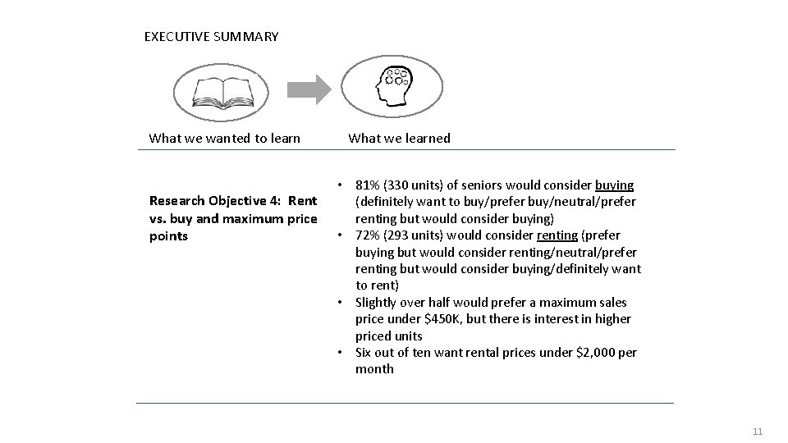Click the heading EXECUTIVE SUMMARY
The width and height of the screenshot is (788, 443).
tap(211, 37)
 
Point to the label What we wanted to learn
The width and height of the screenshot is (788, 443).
tap(224, 138)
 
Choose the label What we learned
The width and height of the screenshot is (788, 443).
tap(399, 138)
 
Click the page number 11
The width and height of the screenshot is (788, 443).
tap(758, 431)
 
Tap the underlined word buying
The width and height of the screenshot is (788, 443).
tap(614, 185)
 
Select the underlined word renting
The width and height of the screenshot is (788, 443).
tap(557, 235)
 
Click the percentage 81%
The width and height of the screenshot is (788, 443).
tap(368, 185)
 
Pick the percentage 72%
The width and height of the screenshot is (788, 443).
tap(369, 235)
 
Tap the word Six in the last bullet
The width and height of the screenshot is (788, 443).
tap(365, 353)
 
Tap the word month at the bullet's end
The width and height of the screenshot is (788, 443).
tap(374, 369)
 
